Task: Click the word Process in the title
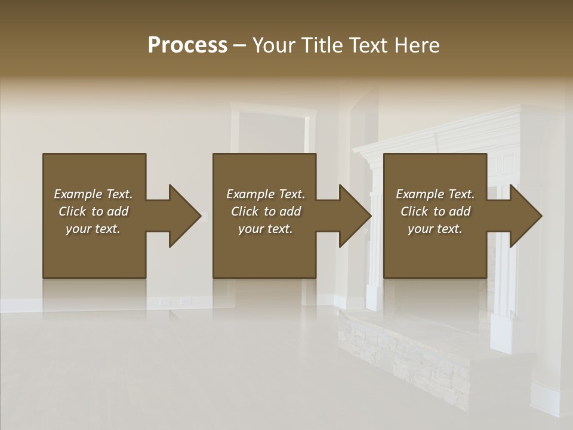coord(187,45)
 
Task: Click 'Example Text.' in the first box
coord(93,194)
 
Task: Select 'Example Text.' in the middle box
coord(266,194)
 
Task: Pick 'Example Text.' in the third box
coord(435,194)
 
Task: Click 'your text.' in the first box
coord(93,229)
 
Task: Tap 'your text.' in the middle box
coord(266,229)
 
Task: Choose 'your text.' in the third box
coord(435,229)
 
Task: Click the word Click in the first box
coord(72,211)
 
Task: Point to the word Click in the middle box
coord(245,211)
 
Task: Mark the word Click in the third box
coord(414,211)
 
